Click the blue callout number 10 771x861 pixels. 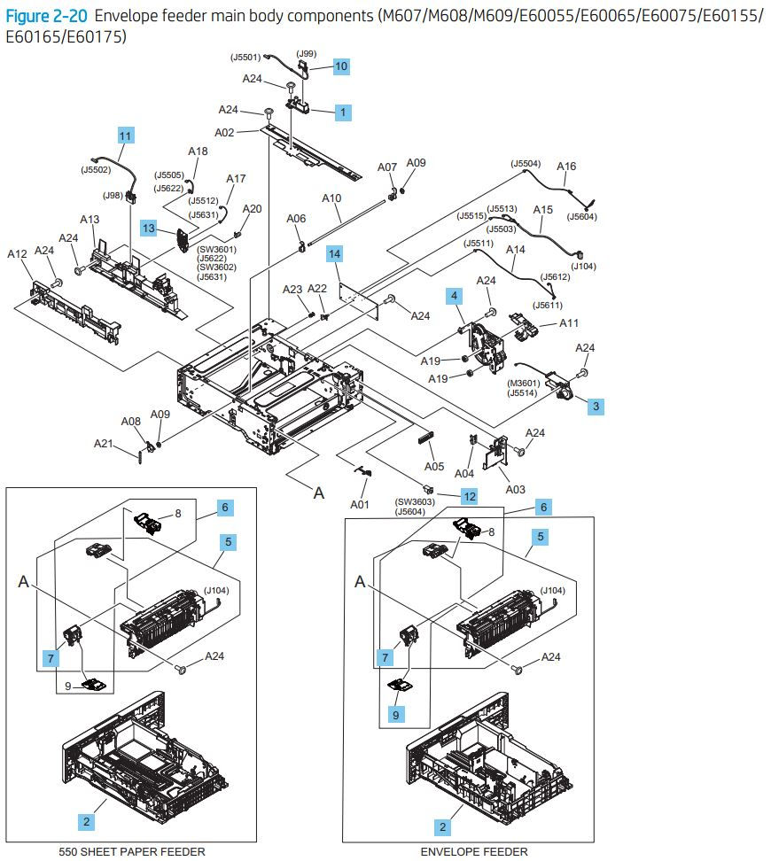coord(341,66)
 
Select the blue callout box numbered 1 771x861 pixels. coord(341,112)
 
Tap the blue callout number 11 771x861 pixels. coord(125,136)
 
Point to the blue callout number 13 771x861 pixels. coord(149,229)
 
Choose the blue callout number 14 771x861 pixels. coord(334,254)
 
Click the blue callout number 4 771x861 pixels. coord(454,294)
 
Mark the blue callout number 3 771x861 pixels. coord(596,406)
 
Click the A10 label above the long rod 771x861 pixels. coord(331,198)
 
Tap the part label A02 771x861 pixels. coord(224,134)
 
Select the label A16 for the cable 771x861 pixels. coord(566,167)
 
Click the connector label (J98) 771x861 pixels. coord(113,195)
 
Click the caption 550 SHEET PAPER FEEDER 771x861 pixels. coord(131,851)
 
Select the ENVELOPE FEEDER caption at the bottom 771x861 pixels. coord(473,851)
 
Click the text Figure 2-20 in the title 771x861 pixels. coord(46,16)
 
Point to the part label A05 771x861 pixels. coord(433,467)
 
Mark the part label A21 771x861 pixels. coord(105,444)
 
